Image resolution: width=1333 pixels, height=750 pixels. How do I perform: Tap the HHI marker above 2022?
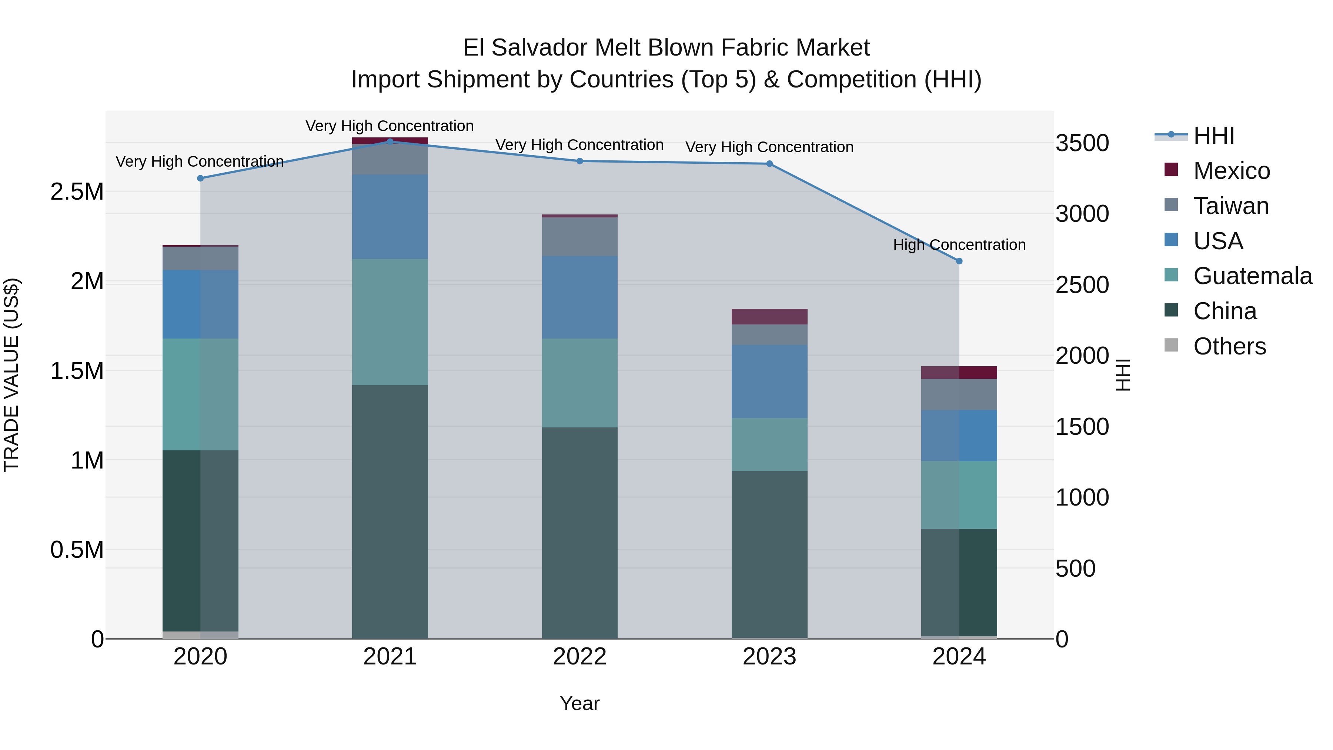[579, 161]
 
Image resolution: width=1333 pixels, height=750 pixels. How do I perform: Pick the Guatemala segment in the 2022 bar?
[579, 383]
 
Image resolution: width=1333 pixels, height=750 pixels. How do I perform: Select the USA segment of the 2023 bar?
[769, 381]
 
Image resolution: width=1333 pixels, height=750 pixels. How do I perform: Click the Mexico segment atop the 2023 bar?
[769, 317]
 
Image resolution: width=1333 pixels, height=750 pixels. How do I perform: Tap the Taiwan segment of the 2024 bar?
[959, 394]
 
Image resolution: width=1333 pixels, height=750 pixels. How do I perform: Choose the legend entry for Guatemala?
[1252, 276]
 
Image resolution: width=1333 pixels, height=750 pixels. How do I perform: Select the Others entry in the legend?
[1229, 346]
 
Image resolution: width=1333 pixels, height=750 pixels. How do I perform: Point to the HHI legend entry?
[1213, 136]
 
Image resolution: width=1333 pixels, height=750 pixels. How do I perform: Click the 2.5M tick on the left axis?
[77, 192]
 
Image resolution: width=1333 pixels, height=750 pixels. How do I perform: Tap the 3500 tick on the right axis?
[1082, 143]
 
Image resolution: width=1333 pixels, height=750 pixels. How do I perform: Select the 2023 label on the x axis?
[769, 657]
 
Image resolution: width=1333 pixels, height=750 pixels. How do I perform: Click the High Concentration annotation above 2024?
[959, 245]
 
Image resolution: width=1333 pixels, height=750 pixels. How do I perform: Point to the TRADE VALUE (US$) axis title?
[11, 375]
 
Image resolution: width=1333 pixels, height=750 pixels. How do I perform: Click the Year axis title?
[579, 703]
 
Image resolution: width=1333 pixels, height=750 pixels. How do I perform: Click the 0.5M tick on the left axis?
[77, 550]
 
